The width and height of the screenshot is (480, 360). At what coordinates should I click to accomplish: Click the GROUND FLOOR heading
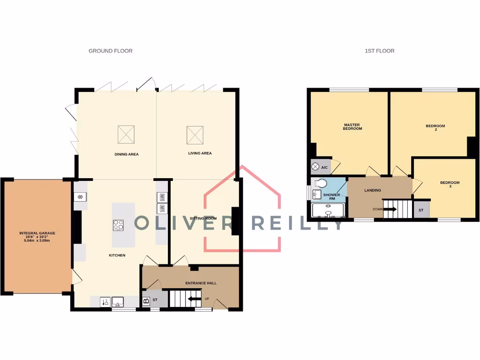click(x=111, y=51)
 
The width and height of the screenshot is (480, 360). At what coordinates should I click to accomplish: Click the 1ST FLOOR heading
click(x=380, y=51)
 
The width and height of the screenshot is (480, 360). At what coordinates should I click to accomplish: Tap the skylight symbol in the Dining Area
click(x=126, y=135)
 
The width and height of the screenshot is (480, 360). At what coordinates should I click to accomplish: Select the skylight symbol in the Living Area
click(x=195, y=135)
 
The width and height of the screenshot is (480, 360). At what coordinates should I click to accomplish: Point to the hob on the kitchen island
click(x=119, y=225)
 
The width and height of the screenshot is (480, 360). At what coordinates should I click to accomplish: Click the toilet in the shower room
click(x=321, y=183)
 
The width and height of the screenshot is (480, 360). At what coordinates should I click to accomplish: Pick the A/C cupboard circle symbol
click(x=315, y=167)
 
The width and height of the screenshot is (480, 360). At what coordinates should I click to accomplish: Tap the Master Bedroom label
click(x=352, y=127)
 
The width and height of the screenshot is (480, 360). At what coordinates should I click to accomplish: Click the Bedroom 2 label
click(x=435, y=127)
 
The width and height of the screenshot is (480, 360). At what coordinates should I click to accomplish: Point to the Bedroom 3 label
click(x=449, y=184)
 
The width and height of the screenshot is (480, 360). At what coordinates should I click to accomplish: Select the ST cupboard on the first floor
click(x=421, y=210)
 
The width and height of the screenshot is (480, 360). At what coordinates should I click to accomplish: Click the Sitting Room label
click(x=203, y=218)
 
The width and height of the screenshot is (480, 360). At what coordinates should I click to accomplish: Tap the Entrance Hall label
click(x=201, y=284)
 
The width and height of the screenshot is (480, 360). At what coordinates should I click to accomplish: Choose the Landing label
click(x=373, y=190)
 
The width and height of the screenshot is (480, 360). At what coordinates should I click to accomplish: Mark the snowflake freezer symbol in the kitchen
click(x=81, y=196)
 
